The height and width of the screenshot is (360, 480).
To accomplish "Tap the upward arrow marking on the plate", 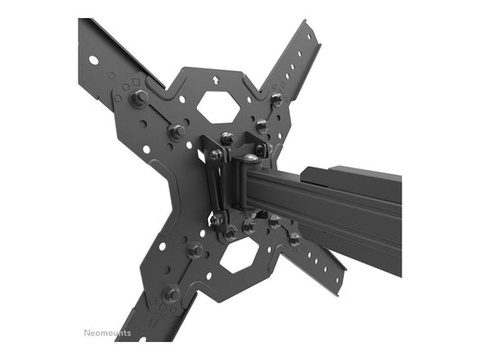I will click(x=215, y=79).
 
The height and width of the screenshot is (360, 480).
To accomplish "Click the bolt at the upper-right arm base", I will click(x=276, y=99).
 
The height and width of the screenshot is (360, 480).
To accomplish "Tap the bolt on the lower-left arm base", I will click(x=170, y=292).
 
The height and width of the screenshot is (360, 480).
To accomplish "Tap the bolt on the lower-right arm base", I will click(x=294, y=239).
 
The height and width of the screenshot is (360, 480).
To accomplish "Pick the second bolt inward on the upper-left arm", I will click(x=177, y=132).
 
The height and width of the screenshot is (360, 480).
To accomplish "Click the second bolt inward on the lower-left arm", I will click(x=194, y=251).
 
